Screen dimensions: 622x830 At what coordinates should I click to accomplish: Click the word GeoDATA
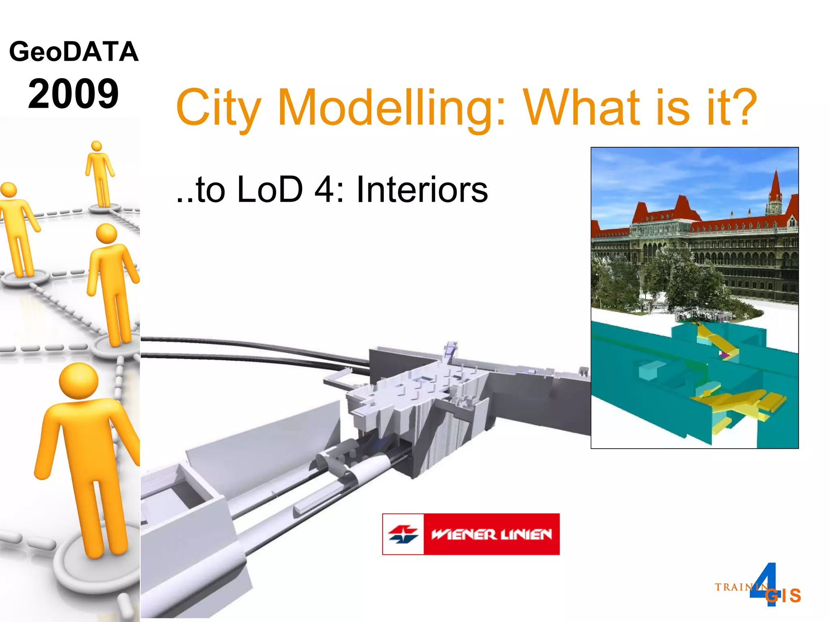74,52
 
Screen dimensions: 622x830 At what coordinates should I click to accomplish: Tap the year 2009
73,94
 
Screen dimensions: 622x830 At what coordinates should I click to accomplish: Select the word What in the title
606,107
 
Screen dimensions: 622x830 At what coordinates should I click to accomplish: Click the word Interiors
422,190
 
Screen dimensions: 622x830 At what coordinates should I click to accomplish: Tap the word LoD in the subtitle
270,190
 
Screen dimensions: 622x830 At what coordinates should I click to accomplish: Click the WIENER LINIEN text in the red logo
491,535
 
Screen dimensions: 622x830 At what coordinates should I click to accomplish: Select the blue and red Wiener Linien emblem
403,534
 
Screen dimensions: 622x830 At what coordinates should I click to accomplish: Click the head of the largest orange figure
79,381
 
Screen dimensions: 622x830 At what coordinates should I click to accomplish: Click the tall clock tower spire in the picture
775,190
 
